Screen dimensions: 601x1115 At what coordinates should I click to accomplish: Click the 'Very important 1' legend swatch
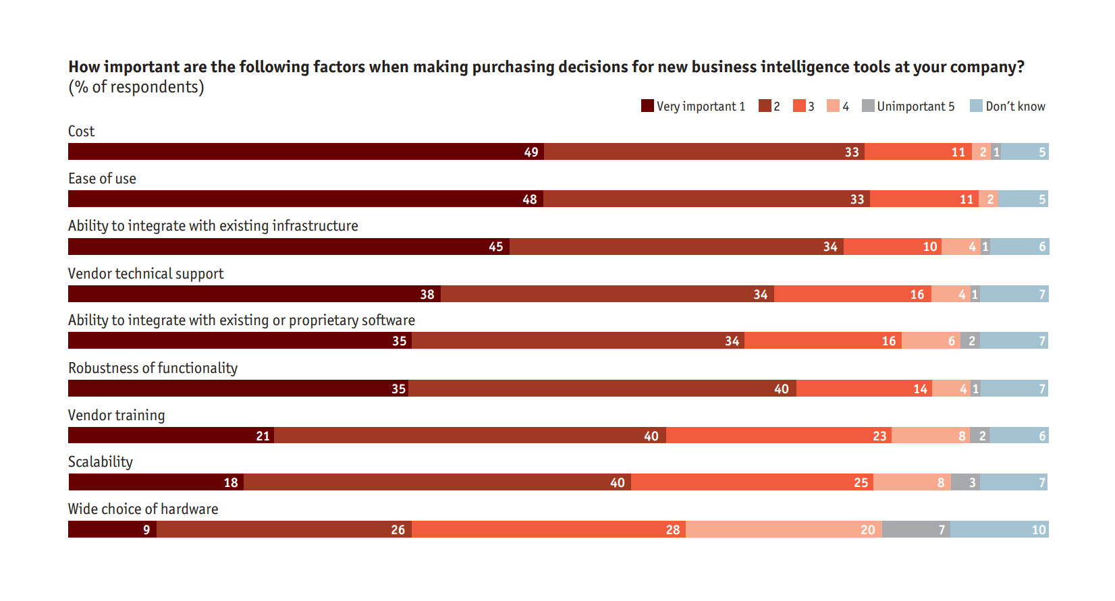coord(647,106)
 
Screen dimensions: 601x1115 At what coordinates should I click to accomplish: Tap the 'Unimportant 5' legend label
coord(915,106)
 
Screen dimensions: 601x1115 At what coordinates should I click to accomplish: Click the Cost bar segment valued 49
coord(306,152)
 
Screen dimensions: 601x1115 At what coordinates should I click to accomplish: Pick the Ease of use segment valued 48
coord(305,199)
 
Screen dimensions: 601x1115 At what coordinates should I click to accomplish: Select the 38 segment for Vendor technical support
coord(254,294)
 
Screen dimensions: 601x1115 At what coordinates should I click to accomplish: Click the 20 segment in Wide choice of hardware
coord(784,530)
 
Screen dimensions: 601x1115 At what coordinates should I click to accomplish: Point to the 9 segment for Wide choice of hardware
coord(112,530)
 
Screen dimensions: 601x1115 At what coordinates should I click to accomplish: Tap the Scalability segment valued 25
coord(752,482)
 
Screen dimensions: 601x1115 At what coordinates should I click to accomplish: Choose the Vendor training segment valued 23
coord(779,436)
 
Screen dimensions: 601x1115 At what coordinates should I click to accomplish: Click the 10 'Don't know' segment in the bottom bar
coord(999,530)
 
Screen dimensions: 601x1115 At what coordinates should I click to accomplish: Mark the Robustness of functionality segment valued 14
coord(864,389)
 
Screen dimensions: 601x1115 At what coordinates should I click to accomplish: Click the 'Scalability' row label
coord(101,462)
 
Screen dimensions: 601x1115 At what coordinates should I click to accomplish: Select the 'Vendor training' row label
coord(116,416)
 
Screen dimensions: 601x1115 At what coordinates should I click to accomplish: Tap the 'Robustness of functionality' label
coord(153,368)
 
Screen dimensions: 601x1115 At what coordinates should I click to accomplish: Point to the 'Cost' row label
coord(81,132)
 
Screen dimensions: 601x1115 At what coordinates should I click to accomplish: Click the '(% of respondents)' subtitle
coord(136,87)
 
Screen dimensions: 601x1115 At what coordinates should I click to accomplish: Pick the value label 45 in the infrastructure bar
coord(495,247)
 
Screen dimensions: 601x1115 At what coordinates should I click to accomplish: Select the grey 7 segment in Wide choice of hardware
coord(916,530)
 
